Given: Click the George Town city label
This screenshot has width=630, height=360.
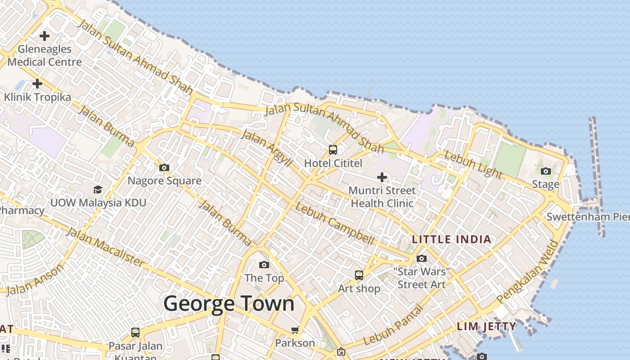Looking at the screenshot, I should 229,304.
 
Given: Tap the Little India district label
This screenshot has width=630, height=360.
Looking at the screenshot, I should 452,239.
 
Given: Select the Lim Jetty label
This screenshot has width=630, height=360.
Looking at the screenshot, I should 486,326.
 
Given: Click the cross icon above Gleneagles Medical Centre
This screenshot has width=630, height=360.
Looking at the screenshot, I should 45,36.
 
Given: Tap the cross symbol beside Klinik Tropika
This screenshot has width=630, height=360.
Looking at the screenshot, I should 37,83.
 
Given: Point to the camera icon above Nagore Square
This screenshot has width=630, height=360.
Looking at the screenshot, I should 164,167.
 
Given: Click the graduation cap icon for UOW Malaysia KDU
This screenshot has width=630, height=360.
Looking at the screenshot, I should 98,189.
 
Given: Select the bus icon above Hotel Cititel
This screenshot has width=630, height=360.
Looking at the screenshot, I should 333,150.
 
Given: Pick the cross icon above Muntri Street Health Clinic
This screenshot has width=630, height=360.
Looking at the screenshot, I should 382,177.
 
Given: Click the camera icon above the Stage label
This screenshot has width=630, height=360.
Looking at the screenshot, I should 545,171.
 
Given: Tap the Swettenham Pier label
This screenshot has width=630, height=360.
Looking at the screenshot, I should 588,217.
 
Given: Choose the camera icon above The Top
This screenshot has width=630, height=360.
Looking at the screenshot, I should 264,265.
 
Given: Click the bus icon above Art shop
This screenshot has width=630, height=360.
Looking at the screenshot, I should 359,275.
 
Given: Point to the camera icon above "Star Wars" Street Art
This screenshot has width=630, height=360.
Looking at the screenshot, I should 422,258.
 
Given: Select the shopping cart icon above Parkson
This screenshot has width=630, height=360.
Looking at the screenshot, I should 295,330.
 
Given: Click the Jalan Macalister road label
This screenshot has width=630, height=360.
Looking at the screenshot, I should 106,247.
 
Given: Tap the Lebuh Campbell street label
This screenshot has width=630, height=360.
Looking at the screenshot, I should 335,224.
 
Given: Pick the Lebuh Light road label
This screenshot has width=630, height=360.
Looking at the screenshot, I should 472,164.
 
